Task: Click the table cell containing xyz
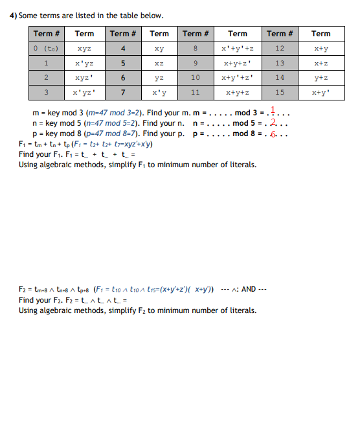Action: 84,49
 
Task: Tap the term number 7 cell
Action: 123,92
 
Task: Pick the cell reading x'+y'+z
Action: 237,49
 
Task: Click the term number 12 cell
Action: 280,49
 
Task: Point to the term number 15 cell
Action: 280,92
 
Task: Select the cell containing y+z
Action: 321,78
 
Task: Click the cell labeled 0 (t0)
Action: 46,49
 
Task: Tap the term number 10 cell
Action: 196,78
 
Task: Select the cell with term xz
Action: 159,64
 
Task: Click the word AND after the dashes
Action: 249,289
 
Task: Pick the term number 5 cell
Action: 123,64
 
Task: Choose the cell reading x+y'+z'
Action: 237,78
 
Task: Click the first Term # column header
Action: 46,34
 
